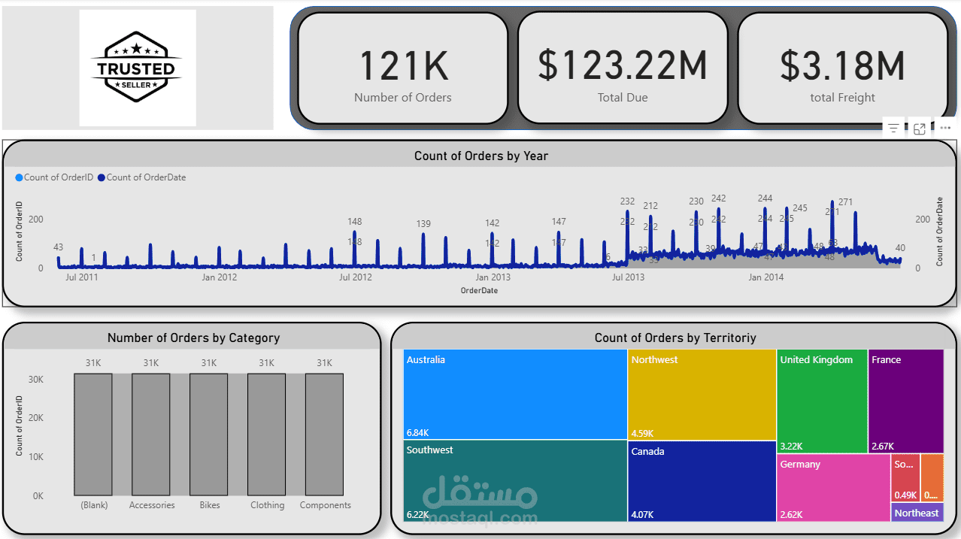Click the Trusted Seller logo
(x=137, y=68)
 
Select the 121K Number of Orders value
(x=403, y=66)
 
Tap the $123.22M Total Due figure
(x=622, y=66)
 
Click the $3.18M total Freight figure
(x=842, y=66)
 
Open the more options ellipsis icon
(x=945, y=129)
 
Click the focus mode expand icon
(x=920, y=129)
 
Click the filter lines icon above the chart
(x=893, y=129)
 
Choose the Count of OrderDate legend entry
(x=145, y=177)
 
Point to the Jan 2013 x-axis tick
(x=493, y=277)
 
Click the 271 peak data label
(x=845, y=202)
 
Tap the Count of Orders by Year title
(x=480, y=156)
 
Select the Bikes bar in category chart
(x=208, y=434)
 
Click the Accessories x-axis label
(x=152, y=505)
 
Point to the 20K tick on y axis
(x=35, y=418)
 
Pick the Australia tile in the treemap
(x=515, y=394)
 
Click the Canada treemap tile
(x=702, y=480)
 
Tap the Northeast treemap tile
(x=917, y=513)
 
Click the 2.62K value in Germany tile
(x=792, y=515)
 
